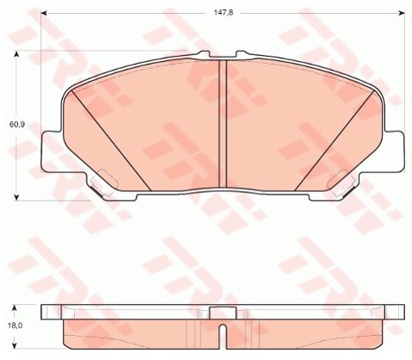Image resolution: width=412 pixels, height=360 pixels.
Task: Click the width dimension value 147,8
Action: [223, 13]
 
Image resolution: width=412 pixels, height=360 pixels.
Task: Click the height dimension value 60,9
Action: [17, 125]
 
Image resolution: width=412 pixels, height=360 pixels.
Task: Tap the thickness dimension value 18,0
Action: [15, 326]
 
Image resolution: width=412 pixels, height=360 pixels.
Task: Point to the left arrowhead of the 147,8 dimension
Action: [44, 13]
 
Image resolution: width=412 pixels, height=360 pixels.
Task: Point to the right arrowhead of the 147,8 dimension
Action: [402, 13]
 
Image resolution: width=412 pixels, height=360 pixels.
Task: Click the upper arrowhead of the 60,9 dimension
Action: [16, 54]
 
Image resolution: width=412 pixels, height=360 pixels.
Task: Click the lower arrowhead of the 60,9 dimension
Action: [16, 196]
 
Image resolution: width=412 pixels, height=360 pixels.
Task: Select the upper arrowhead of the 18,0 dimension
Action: [15, 308]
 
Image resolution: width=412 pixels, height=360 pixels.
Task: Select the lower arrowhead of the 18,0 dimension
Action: [15, 345]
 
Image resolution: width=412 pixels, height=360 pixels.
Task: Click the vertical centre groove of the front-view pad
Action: [223, 124]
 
